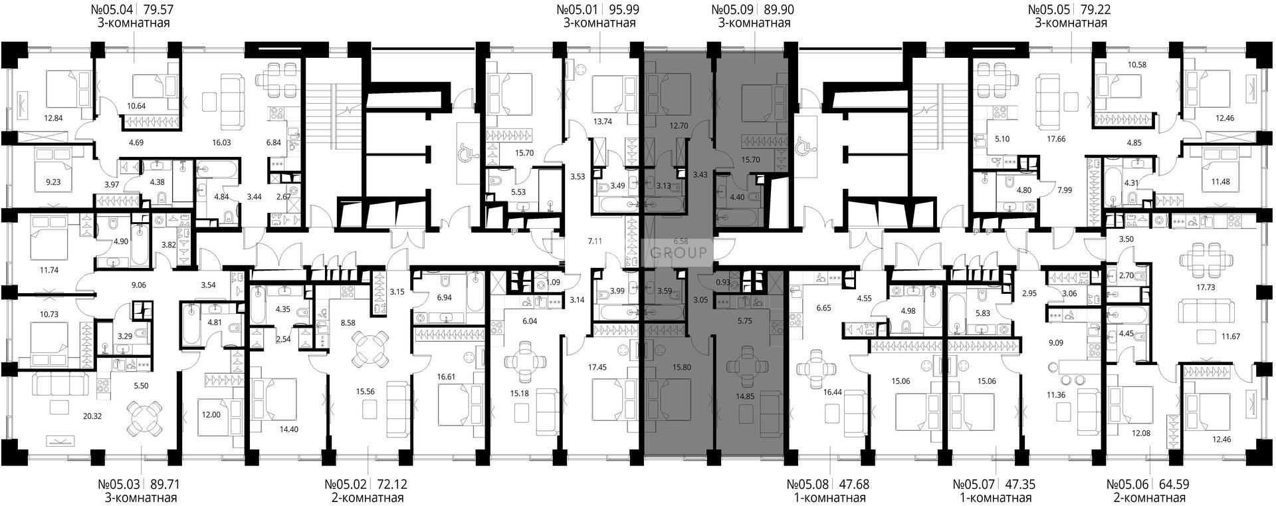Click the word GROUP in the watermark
[678, 253]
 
